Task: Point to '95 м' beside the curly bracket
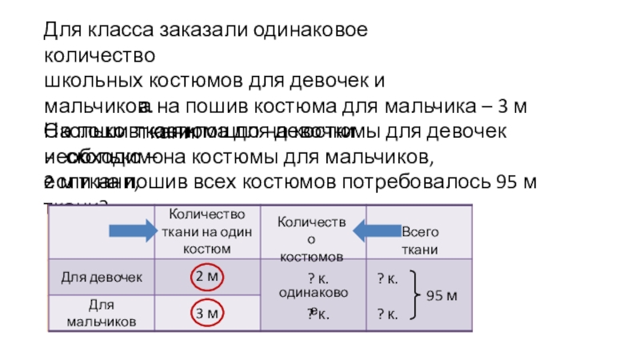[441, 296]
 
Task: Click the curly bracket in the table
[415, 295]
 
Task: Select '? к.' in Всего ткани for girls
[387, 278]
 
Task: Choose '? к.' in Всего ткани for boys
[387, 314]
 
